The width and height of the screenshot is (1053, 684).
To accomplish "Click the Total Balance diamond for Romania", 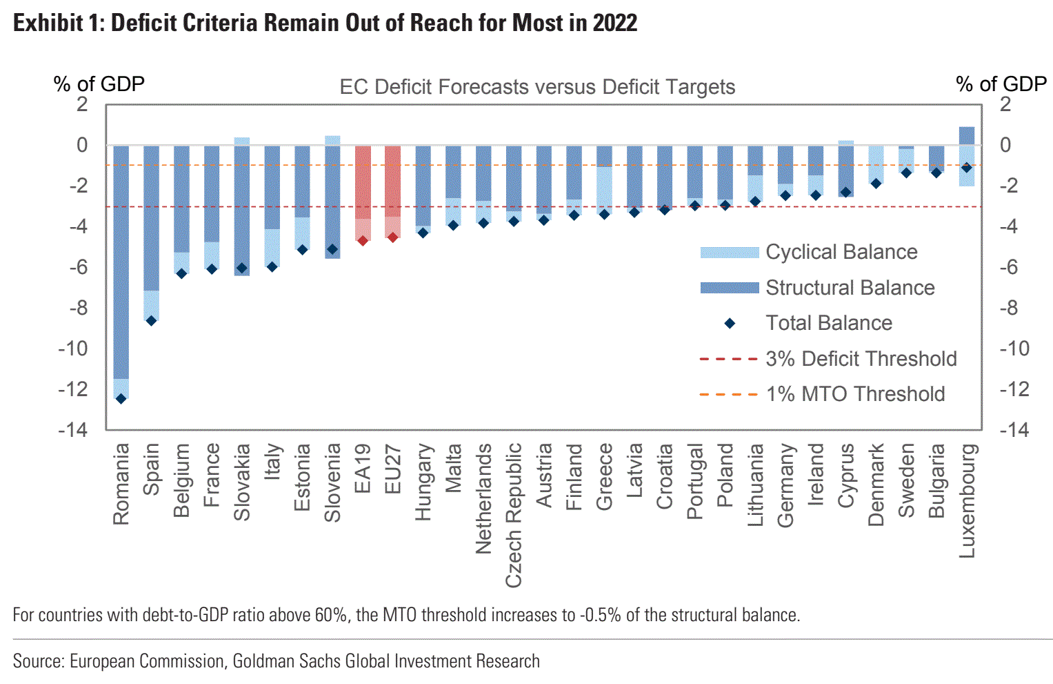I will pos(121,398).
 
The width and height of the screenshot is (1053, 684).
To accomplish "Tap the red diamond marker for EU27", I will pos(393,237).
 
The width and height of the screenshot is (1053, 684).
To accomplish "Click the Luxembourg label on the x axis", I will pos(967,500).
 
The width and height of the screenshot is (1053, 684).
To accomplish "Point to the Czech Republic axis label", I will pos(514,515).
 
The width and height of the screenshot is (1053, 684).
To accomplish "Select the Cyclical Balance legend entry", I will pos(841,252).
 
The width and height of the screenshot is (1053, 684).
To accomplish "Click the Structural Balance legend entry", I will pos(850,288).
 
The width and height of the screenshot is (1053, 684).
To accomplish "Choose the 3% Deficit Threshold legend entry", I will pos(861,359).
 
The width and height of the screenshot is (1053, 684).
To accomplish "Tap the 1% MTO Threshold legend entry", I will pos(855,394).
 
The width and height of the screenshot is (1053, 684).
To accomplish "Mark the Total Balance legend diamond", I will pos(730,323).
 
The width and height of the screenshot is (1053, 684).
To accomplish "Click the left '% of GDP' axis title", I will pos(99,84).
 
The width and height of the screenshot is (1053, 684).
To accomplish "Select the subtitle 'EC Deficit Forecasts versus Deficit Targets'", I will pos(537,87).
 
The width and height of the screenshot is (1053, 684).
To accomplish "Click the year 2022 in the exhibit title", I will pos(614,23).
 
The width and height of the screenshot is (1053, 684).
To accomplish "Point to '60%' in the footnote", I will pos(331,614).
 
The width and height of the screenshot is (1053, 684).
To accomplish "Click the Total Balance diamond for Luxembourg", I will pos(967,168).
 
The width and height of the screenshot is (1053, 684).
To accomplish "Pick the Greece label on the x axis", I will pos(604,476).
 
